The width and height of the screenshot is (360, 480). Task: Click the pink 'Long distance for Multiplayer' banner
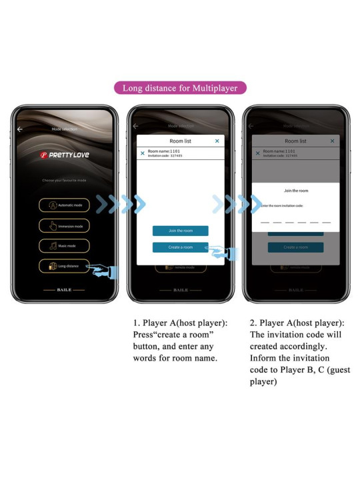pos(180,87)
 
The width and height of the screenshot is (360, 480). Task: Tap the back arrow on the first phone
pos(19,129)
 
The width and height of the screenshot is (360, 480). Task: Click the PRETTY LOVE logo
pos(64,155)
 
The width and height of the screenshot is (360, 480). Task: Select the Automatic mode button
pos(64,205)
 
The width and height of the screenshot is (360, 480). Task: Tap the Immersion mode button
pos(64,226)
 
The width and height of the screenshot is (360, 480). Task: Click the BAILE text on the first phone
pos(64,290)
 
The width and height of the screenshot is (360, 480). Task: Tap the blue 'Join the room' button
pos(180,231)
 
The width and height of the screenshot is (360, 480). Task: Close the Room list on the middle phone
pos(217,141)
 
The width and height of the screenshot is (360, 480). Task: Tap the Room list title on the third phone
pos(295,141)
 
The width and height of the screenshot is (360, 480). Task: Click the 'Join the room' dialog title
pos(295,191)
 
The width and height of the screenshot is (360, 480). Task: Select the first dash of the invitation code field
pos(265,222)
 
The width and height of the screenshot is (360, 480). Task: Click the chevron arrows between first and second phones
pos(121,205)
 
